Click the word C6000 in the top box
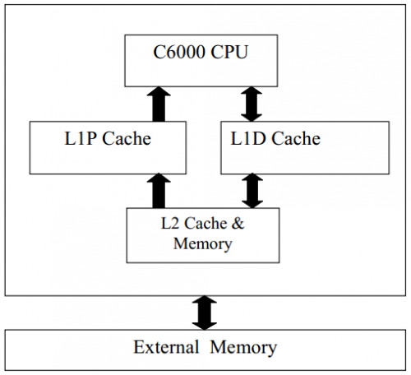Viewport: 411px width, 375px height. tap(179, 52)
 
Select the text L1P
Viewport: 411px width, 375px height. tap(81, 138)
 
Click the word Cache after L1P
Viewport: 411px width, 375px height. tap(127, 138)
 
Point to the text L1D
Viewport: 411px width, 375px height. tap(248, 138)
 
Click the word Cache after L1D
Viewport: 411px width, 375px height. tap(296, 138)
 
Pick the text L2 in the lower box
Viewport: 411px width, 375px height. tap(169, 223)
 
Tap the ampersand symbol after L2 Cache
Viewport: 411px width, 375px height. tap(238, 223)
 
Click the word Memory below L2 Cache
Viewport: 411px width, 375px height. tap(203, 243)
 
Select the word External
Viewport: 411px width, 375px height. tap(166, 347)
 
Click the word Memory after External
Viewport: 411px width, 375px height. tap(243, 348)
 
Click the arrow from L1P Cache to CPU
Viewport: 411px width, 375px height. tap(159, 104)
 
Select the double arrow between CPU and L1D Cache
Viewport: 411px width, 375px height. tap(252, 104)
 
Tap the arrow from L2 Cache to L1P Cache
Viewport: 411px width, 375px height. tap(159, 191)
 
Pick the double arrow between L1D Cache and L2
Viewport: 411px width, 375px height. tap(252, 191)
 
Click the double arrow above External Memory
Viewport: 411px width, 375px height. tap(205, 312)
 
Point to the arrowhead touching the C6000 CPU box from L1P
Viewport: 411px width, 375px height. tap(159, 91)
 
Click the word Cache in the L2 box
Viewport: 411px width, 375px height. tap(205, 223)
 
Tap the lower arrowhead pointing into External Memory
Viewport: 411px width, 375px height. tap(205, 326)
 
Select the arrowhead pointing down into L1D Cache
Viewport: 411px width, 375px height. tap(252, 117)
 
